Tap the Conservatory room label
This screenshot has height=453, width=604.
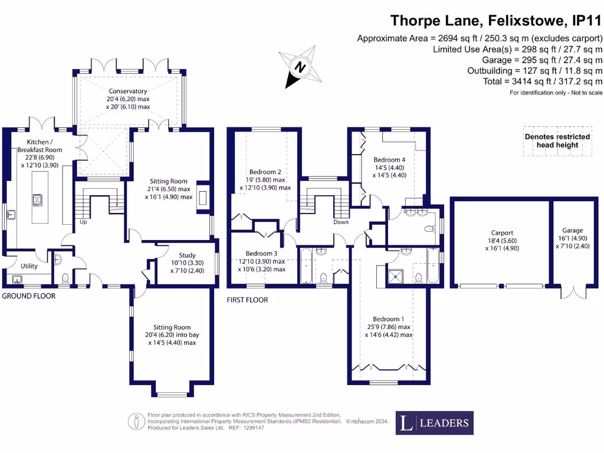(x=128, y=91)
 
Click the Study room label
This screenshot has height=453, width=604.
(x=179, y=255)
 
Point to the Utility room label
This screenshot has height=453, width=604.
(x=29, y=266)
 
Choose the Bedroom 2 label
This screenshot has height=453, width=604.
(x=264, y=172)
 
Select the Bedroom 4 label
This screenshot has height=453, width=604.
(x=389, y=159)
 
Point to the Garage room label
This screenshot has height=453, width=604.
(x=572, y=231)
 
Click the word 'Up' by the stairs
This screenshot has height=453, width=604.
(x=84, y=222)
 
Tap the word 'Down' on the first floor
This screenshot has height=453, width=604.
(x=340, y=222)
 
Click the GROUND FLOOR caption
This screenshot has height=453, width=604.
(x=28, y=296)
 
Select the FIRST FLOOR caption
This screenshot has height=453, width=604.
(x=248, y=300)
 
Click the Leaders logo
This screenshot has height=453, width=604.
(x=434, y=422)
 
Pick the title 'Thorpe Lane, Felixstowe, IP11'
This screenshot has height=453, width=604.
(x=496, y=21)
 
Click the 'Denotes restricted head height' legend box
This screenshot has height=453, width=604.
(x=557, y=141)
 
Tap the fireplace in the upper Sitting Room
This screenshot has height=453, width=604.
(x=204, y=197)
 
